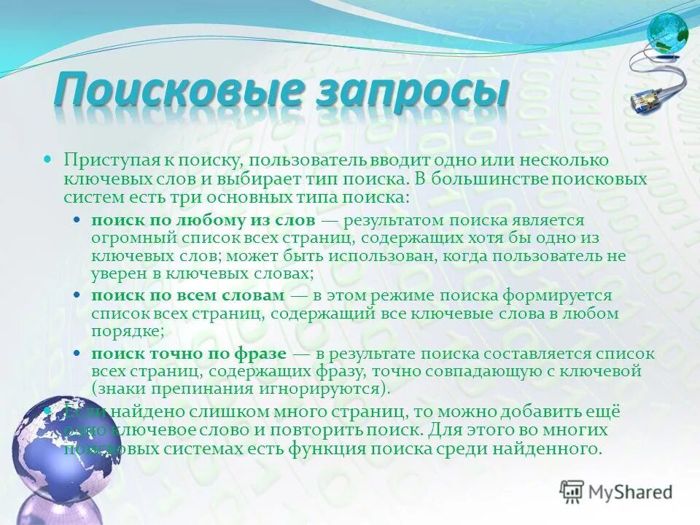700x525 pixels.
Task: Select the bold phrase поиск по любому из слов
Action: [203, 220]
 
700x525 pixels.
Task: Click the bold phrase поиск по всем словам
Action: [187, 296]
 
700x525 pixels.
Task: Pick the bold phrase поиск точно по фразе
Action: [189, 354]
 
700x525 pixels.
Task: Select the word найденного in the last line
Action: [556, 448]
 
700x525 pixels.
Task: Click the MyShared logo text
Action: [630, 491]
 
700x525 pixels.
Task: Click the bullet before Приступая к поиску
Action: [49, 158]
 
